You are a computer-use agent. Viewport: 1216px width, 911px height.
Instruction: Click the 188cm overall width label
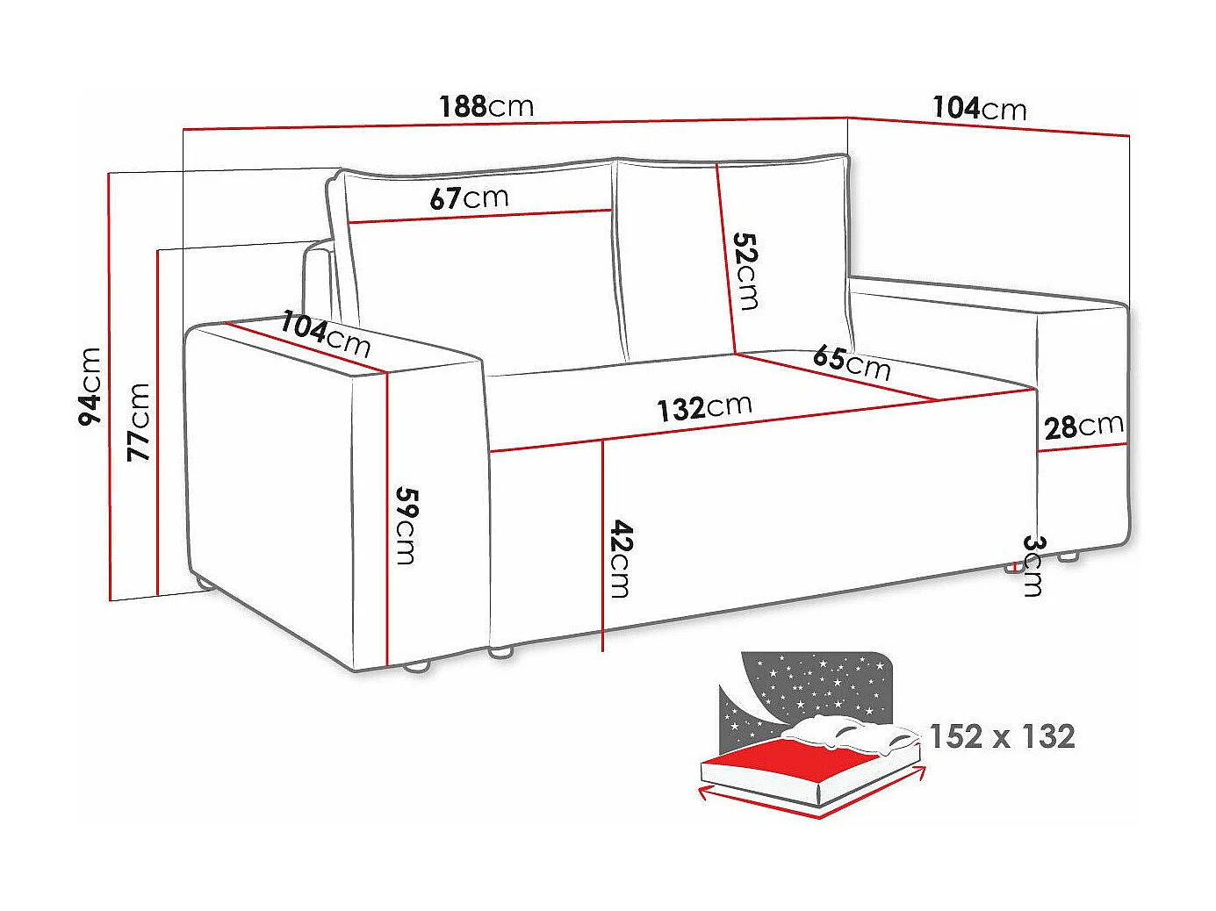click(x=486, y=106)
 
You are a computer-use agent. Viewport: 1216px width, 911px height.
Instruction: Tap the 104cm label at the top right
click(x=979, y=108)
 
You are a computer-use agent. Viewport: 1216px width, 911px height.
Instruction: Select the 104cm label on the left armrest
click(x=326, y=334)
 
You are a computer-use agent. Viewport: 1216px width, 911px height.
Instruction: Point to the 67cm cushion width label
click(x=469, y=197)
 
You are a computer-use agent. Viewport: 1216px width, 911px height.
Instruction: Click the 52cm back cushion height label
click(x=746, y=270)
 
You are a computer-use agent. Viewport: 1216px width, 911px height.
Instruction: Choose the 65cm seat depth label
click(x=852, y=361)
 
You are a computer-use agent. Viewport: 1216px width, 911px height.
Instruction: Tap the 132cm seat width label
click(x=705, y=407)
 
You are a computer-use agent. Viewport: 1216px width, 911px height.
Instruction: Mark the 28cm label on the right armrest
click(x=1083, y=427)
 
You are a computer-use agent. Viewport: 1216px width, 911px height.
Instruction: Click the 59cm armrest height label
click(x=405, y=525)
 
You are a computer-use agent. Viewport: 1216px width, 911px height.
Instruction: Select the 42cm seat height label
click(x=620, y=558)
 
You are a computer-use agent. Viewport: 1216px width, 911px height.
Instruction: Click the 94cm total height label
click(x=90, y=387)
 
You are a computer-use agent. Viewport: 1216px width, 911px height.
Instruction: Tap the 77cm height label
click(x=139, y=421)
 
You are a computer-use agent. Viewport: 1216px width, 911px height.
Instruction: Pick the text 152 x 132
click(x=1002, y=736)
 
